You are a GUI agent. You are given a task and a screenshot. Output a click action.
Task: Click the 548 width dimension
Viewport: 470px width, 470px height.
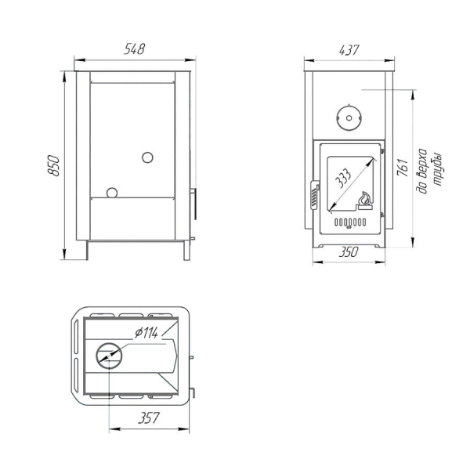(x=134, y=49)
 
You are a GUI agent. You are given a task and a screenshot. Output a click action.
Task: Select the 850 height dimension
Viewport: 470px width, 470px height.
(x=54, y=165)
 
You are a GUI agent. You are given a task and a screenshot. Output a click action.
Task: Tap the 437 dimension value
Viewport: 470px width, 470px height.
(x=349, y=50)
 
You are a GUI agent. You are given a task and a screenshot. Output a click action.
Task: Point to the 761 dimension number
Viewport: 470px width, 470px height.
(x=403, y=168)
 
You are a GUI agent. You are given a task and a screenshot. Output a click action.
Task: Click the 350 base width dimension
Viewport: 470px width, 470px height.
(x=349, y=252)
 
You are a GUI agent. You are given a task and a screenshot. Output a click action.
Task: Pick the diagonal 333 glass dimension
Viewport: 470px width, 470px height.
(x=342, y=179)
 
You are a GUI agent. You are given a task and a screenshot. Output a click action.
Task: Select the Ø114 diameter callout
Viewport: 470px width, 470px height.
(x=146, y=333)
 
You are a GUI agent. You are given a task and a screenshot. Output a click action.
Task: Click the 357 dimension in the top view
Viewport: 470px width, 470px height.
(x=149, y=418)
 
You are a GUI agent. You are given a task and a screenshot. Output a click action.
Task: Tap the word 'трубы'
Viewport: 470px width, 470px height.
(x=437, y=170)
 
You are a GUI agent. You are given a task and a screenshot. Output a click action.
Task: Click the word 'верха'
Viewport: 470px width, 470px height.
(x=422, y=170)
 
